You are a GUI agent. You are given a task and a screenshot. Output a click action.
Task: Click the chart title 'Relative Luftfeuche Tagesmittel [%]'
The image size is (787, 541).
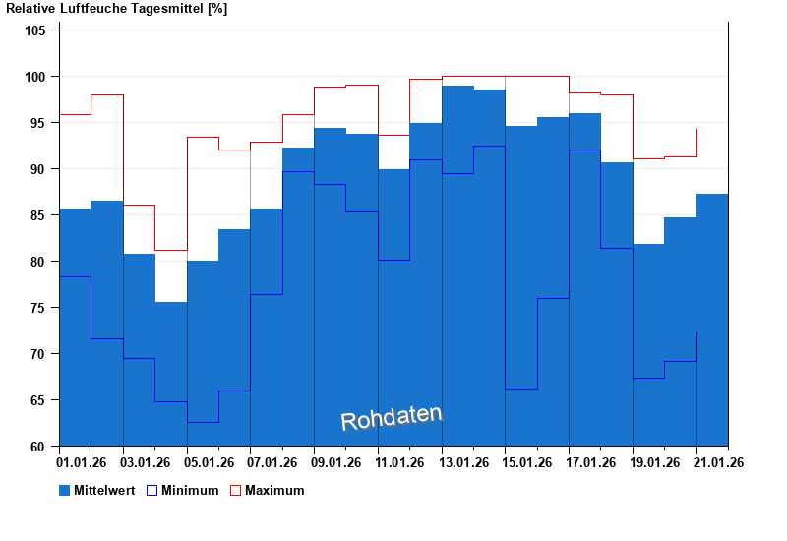coord(117,9)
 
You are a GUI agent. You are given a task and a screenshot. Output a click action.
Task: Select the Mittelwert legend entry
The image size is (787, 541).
coord(103,490)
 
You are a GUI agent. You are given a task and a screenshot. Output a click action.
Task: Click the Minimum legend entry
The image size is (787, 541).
coord(190,490)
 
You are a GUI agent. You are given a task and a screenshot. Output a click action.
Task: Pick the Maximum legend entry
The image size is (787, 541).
coord(274,490)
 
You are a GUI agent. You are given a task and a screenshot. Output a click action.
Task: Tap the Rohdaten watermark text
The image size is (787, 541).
coord(392,418)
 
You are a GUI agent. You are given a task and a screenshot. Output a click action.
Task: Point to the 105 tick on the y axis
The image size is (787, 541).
coord(35,30)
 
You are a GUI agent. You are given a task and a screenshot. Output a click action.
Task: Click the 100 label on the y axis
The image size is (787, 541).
coord(35,77)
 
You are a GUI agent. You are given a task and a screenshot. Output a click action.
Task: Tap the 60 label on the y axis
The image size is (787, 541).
coord(38,447)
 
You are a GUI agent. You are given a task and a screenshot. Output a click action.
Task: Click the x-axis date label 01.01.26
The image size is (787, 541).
coord(83,462)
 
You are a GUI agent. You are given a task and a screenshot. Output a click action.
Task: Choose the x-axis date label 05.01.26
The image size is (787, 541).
coord(210,462)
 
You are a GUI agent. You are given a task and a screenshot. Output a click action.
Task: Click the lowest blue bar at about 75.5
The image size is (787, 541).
coord(170,374)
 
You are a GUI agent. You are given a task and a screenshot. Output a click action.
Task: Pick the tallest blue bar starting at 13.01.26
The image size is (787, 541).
coord(457,266)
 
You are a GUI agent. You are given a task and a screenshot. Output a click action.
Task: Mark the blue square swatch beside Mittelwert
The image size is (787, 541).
coord(65,490)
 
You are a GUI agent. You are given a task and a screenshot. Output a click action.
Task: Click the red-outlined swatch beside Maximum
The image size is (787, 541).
coord(236,490)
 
